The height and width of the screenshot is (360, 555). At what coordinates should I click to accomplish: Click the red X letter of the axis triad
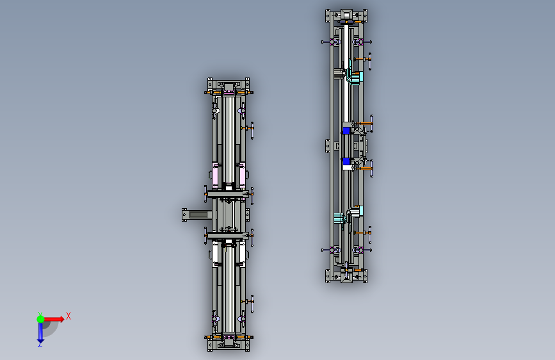coord(68,316)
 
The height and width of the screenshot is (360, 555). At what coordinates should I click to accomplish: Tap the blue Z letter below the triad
coord(40,344)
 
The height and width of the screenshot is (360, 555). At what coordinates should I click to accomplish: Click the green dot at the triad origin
coord(41,319)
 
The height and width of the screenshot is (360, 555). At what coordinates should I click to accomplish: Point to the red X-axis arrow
coord(54,319)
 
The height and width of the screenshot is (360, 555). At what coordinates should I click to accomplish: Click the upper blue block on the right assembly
coord(346,131)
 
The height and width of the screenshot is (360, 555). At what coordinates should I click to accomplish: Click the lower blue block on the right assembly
coord(346,161)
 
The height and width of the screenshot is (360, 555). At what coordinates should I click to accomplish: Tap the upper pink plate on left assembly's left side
coord(215,176)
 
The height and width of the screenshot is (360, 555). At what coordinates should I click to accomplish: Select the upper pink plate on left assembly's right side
coord(243,176)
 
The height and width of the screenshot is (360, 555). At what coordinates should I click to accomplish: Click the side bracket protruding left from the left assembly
coord(197,215)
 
